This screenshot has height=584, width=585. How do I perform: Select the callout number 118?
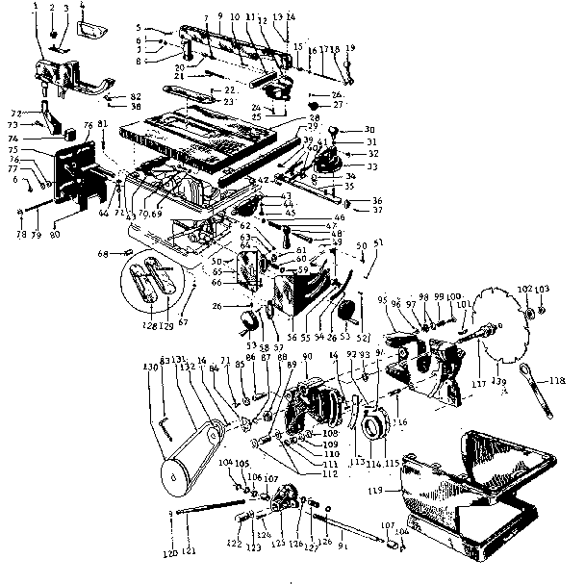[x=557, y=382]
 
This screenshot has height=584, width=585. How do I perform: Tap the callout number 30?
[x=369, y=130]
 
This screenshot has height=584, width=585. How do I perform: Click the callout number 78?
[x=19, y=234]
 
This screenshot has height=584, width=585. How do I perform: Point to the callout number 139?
[x=498, y=382]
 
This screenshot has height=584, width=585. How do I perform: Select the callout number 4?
[x=82, y=7]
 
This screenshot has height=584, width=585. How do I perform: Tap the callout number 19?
[x=350, y=48]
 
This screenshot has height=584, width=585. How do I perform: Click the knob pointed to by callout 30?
[x=339, y=129]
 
